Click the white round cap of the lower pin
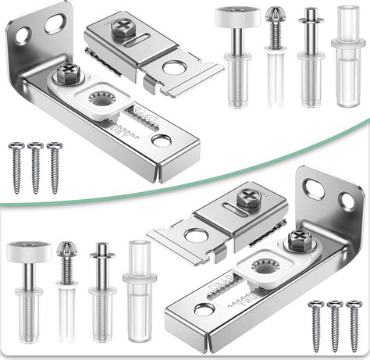click(x=30, y=250)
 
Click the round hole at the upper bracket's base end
click(x=162, y=141)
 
